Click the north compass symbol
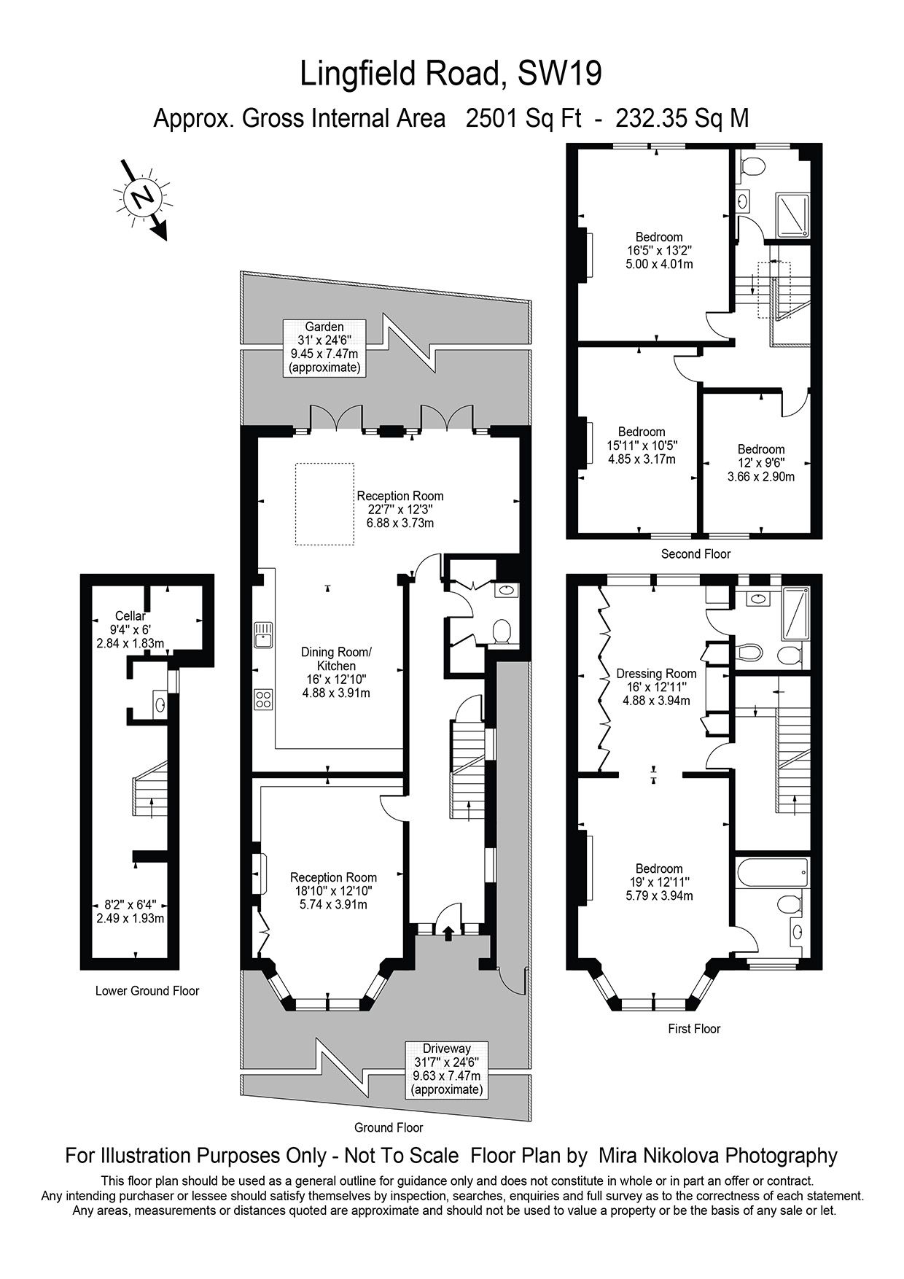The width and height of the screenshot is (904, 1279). coord(141,196)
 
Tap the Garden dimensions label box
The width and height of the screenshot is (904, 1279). coord(324,347)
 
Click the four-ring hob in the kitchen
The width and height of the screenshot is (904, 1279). coord(263,699)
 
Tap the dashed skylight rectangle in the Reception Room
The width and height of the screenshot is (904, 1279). coord(324,503)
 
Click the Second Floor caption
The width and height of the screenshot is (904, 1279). coord(695,554)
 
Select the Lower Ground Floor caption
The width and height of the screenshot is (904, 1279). coord(147,991)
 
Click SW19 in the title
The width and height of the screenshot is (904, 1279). coord(559,74)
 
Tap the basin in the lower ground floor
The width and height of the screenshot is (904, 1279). coord(160,704)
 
